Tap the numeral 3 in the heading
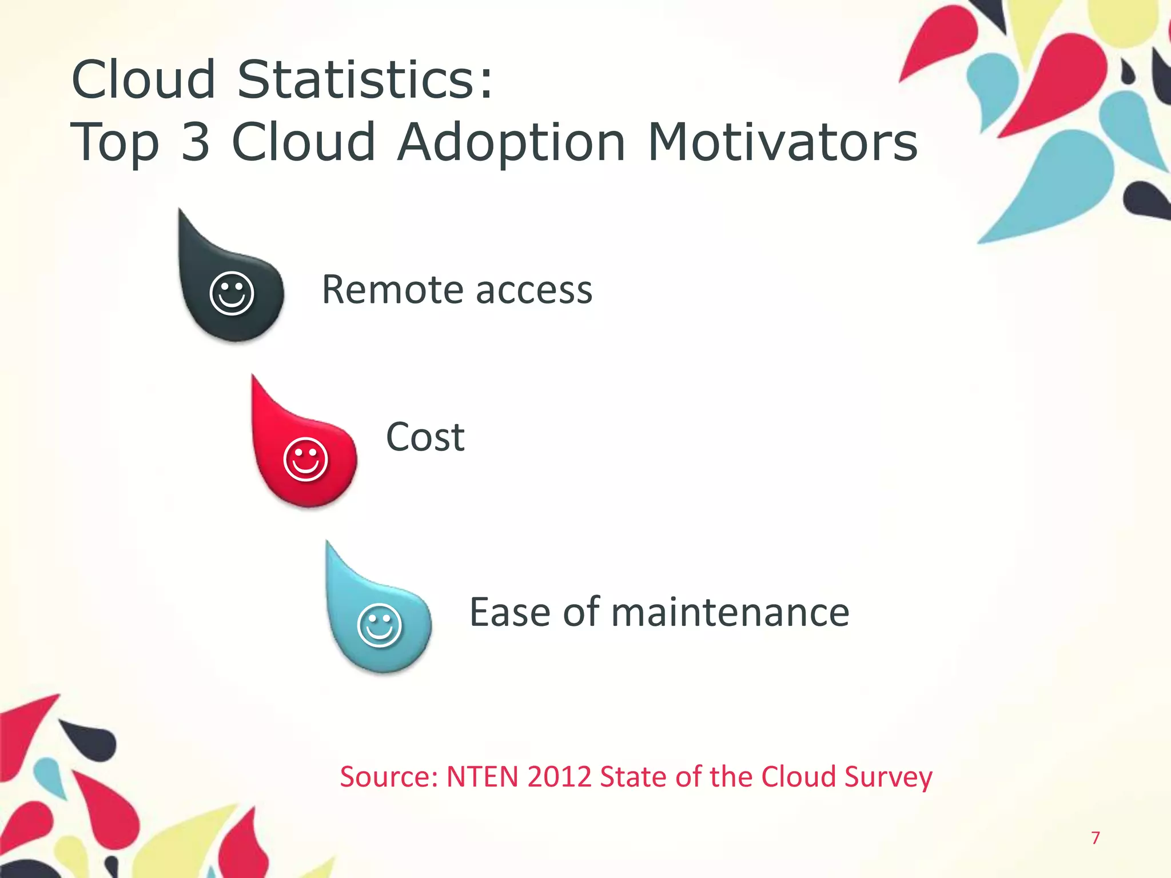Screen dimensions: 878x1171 pos(196,142)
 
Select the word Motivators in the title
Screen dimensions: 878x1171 pos(783,142)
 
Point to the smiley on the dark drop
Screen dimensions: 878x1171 pos(232,293)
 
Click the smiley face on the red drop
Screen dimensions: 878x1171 pos(305,459)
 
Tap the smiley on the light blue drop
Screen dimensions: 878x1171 pos(379,625)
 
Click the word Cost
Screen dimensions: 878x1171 pos(425,437)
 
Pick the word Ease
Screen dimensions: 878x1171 pos(510,612)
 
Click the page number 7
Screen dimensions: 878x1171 pos(1095,838)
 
